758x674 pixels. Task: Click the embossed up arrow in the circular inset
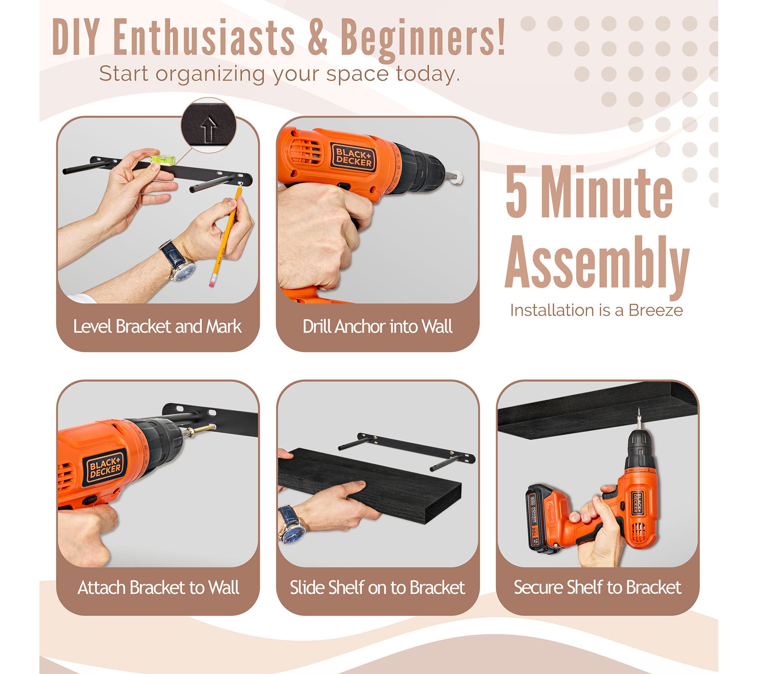[x=208, y=129]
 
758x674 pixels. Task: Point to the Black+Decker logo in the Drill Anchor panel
[x=353, y=159]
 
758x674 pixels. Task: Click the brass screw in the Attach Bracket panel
[x=201, y=430]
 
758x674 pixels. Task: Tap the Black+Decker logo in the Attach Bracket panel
[x=105, y=469]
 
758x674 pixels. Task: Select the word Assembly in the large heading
[x=597, y=263]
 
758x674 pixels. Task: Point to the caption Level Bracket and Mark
[x=157, y=326]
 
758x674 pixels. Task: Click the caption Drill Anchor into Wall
[x=377, y=326]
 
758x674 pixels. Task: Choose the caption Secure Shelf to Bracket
[x=597, y=587]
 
